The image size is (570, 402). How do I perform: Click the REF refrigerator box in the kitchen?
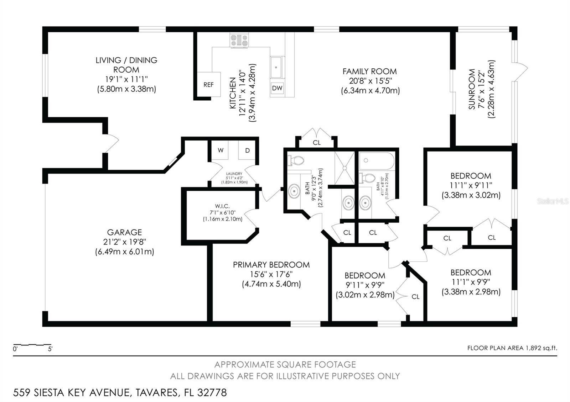tap(208, 84)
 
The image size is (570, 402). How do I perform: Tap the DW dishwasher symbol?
tap(277, 88)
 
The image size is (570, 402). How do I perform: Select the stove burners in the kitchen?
tap(239, 40)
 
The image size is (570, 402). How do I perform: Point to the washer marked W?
tap(221, 150)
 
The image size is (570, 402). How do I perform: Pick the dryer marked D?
tap(247, 150)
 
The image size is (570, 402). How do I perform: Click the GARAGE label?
tap(124, 232)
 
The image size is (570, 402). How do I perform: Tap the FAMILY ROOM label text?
tap(369, 72)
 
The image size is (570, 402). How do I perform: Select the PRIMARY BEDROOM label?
tap(271, 265)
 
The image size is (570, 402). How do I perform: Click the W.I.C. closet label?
tap(222, 206)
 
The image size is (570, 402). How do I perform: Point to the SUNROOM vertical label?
tap(472, 89)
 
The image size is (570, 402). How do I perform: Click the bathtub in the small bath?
tap(377, 161)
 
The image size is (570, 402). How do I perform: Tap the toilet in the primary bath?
tap(295, 160)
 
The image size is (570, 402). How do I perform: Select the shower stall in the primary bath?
tap(344, 168)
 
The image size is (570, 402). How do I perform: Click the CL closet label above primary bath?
tap(317, 143)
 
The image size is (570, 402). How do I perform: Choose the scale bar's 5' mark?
tap(50, 349)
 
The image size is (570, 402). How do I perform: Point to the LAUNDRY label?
tap(234, 174)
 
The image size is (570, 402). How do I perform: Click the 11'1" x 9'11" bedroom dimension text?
tap(471, 185)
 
